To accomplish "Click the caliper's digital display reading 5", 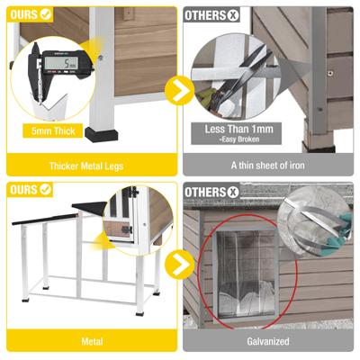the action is tap(61, 62).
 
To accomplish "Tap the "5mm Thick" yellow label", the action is tap(53, 131).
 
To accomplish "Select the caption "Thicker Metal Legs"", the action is tap(86, 166).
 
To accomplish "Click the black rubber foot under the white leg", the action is tap(101, 135).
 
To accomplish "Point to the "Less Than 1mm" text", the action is tap(239, 130).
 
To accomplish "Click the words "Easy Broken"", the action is tap(240, 139).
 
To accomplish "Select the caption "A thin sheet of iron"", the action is tap(267, 166).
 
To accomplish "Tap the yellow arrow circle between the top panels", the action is tap(179, 90).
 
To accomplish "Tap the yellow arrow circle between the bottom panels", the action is tap(179, 265).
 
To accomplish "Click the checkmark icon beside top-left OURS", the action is tap(46, 13).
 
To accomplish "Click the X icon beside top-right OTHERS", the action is tap(233, 15).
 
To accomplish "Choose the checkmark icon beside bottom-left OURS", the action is tap(46, 189).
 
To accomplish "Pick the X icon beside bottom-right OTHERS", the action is tap(233, 193).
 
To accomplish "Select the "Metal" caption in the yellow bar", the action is tap(92, 341).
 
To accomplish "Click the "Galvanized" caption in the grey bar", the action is tap(268, 341).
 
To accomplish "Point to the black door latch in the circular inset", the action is tap(127, 230).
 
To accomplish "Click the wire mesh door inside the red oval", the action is tap(246, 274).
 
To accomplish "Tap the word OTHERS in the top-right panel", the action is tap(205, 15).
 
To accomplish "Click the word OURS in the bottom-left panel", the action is tap(23, 190).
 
